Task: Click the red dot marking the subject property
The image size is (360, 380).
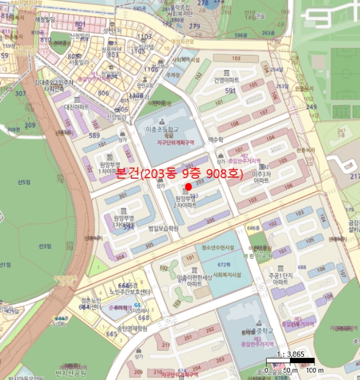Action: click(x=188, y=186)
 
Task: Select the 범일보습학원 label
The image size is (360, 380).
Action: click(x=163, y=229)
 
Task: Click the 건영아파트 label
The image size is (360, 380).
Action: click(x=226, y=80)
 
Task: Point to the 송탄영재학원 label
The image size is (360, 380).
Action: click(x=132, y=328)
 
